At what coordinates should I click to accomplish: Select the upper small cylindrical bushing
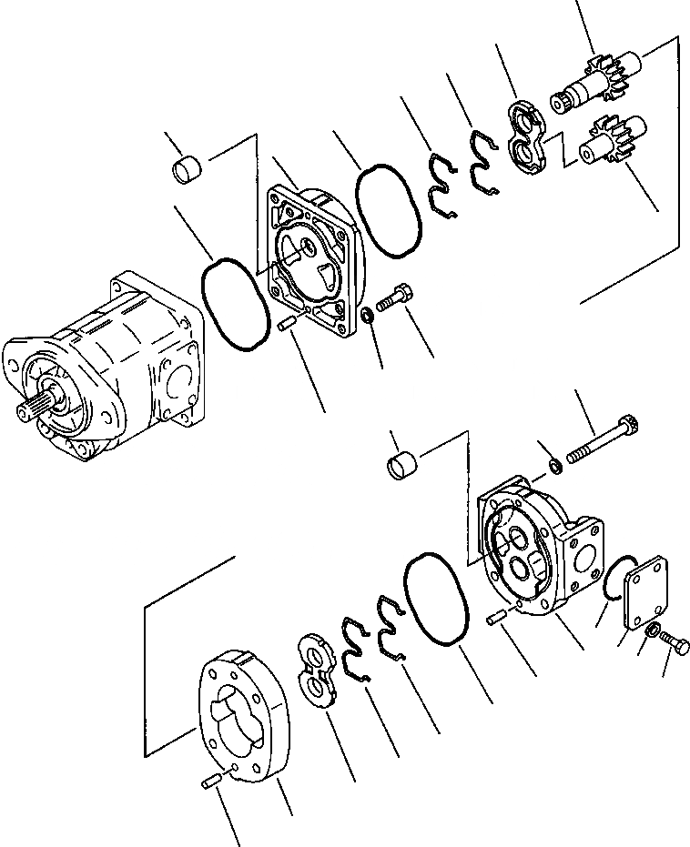click(x=186, y=169)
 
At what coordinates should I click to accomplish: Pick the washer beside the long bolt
click(x=552, y=467)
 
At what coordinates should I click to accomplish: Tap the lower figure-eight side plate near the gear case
click(x=320, y=670)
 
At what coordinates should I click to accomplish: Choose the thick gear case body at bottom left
click(x=242, y=719)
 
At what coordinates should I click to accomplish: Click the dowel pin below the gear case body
click(x=209, y=781)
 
